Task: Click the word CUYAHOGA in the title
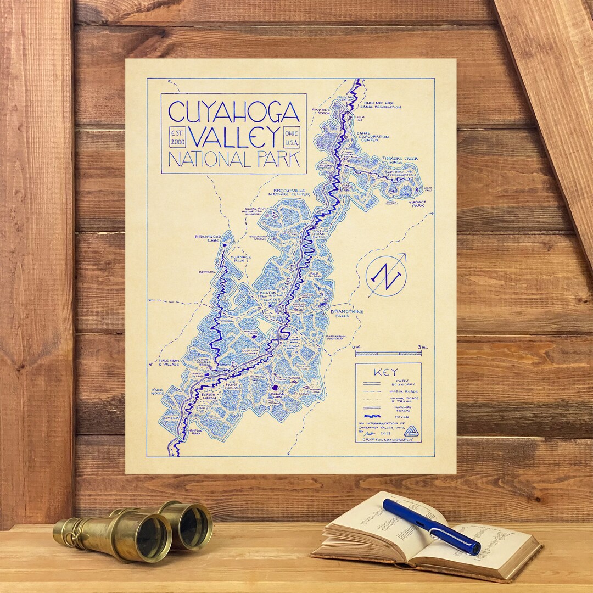tap(234, 111)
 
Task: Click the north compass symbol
tap(387, 275)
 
